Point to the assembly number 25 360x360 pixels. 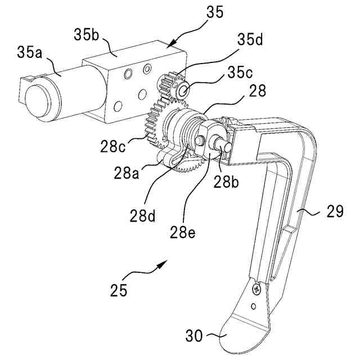(119, 291)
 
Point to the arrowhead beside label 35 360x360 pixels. (171, 41)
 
